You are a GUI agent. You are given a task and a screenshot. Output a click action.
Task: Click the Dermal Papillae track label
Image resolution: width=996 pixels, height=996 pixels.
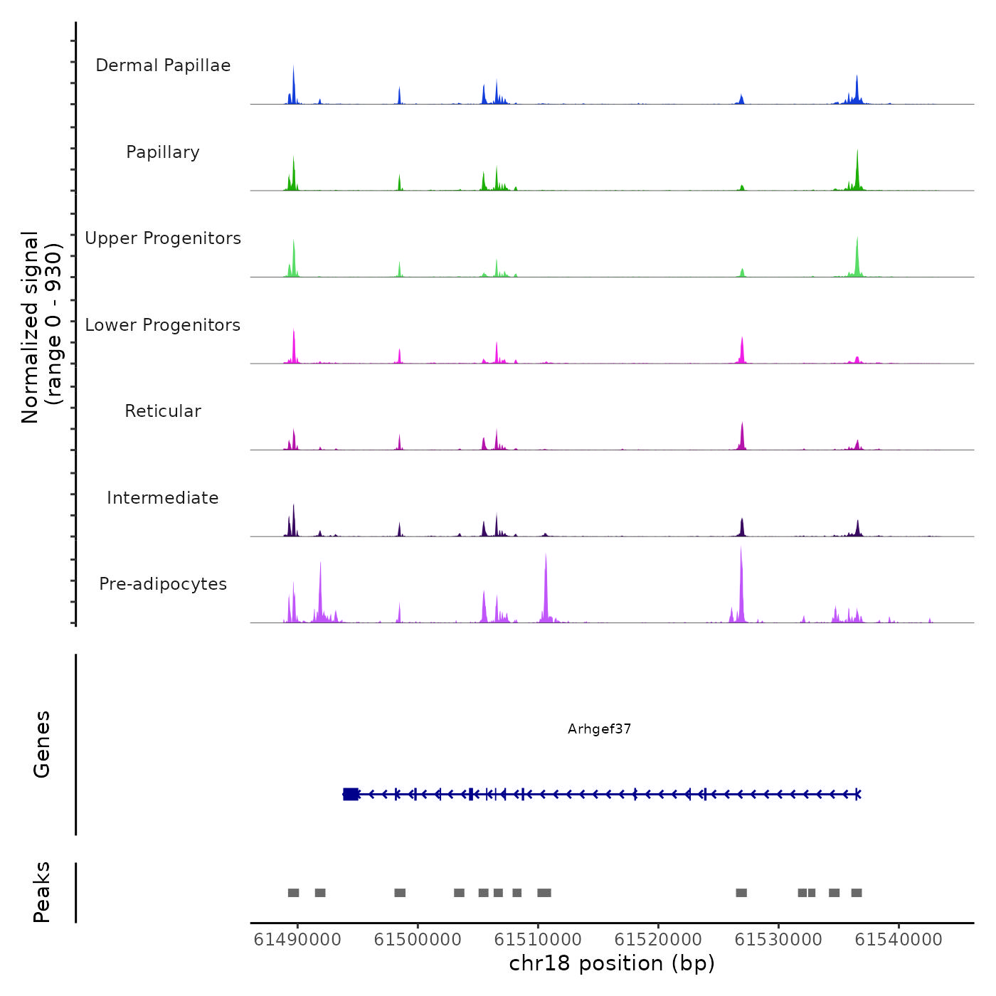[x=163, y=65]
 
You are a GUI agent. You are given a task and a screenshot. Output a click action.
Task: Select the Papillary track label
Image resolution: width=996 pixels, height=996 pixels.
[x=163, y=152]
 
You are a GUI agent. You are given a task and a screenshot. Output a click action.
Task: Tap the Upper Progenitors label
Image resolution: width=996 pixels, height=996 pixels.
[x=163, y=238]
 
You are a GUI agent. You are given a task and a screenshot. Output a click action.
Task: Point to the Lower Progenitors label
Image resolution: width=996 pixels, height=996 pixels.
[x=163, y=325]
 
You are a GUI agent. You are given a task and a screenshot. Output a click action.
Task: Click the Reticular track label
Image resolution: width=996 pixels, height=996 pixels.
[x=163, y=411]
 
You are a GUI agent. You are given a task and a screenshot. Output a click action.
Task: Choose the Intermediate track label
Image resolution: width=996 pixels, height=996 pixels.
[x=163, y=498]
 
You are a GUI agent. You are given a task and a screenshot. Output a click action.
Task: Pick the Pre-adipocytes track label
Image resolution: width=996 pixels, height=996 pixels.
[x=163, y=584]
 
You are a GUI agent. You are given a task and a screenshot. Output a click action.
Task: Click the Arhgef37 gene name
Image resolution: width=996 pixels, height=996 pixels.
[x=599, y=729]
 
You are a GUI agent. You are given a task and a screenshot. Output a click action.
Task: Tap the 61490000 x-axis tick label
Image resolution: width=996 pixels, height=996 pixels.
[x=297, y=940]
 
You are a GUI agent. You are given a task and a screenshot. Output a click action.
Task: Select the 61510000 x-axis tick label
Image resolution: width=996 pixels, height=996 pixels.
[x=538, y=940]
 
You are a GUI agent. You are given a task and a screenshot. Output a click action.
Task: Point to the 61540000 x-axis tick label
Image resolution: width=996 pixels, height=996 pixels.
[x=899, y=940]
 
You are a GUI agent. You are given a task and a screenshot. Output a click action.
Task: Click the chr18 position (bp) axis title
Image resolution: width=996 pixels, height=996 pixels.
[x=612, y=963]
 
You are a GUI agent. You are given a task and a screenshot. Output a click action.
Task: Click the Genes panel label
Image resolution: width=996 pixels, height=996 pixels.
[x=42, y=744]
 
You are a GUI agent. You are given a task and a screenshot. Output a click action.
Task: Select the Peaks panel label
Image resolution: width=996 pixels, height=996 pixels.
[x=42, y=892]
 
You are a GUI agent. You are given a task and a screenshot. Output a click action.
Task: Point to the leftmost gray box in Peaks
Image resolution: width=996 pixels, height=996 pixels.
[x=293, y=893]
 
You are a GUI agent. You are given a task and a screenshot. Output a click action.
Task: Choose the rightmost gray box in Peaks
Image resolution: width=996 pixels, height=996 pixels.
[x=857, y=893]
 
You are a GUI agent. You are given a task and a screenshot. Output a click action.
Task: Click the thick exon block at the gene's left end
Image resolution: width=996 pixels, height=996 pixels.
[x=351, y=794]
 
